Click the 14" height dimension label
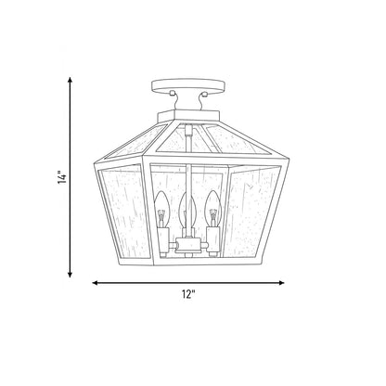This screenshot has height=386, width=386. pyautogui.click(x=62, y=177)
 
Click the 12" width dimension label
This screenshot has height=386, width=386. pyautogui.click(x=188, y=294)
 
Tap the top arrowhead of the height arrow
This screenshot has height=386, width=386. pyautogui.click(x=71, y=80)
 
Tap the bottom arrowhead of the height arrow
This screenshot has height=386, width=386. pyautogui.click(x=71, y=274)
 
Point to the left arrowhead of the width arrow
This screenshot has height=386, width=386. pyautogui.click(x=96, y=283)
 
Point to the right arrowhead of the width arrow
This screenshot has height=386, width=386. pyautogui.click(x=281, y=283)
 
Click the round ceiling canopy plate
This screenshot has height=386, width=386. pyautogui.click(x=188, y=86)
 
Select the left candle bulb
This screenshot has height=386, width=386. pyautogui.click(x=161, y=209)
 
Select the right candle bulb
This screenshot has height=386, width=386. pyautogui.click(x=213, y=209)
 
